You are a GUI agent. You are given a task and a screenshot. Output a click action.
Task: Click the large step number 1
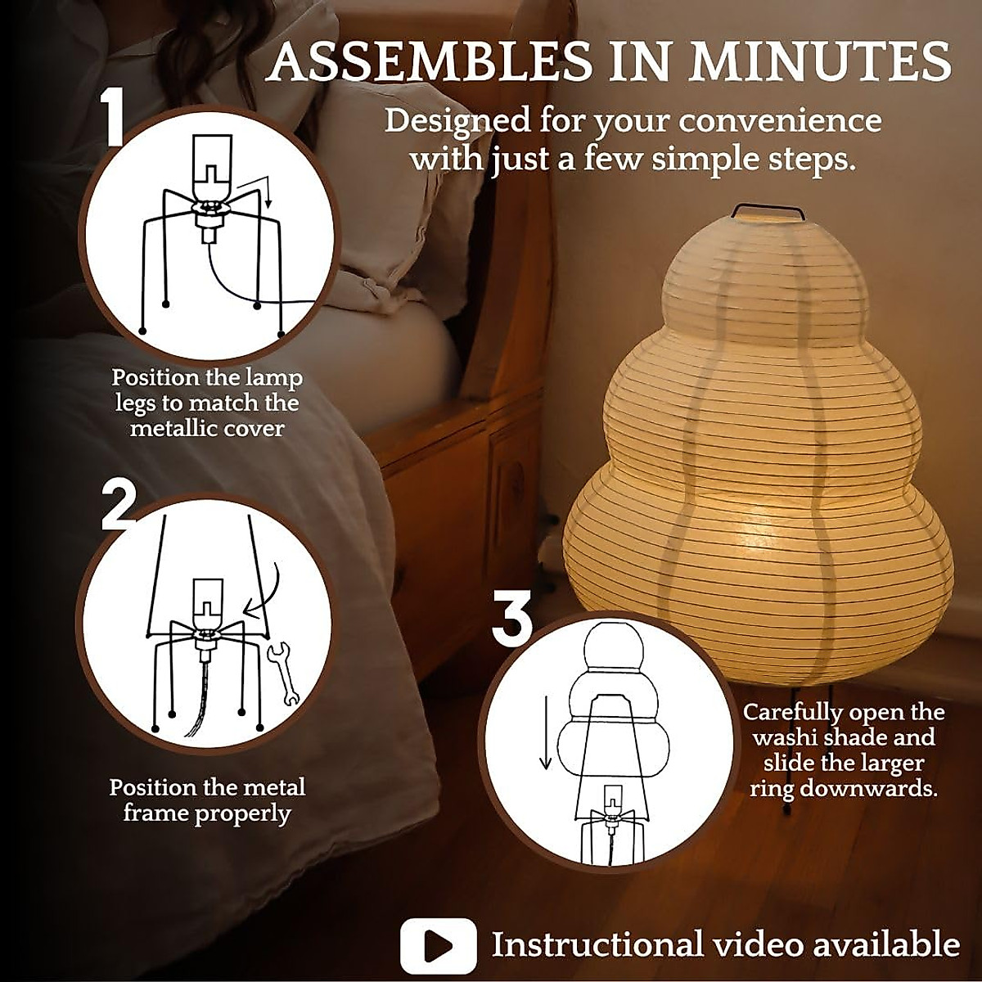pos(113,119)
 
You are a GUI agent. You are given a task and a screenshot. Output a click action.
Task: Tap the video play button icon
pos(438,946)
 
